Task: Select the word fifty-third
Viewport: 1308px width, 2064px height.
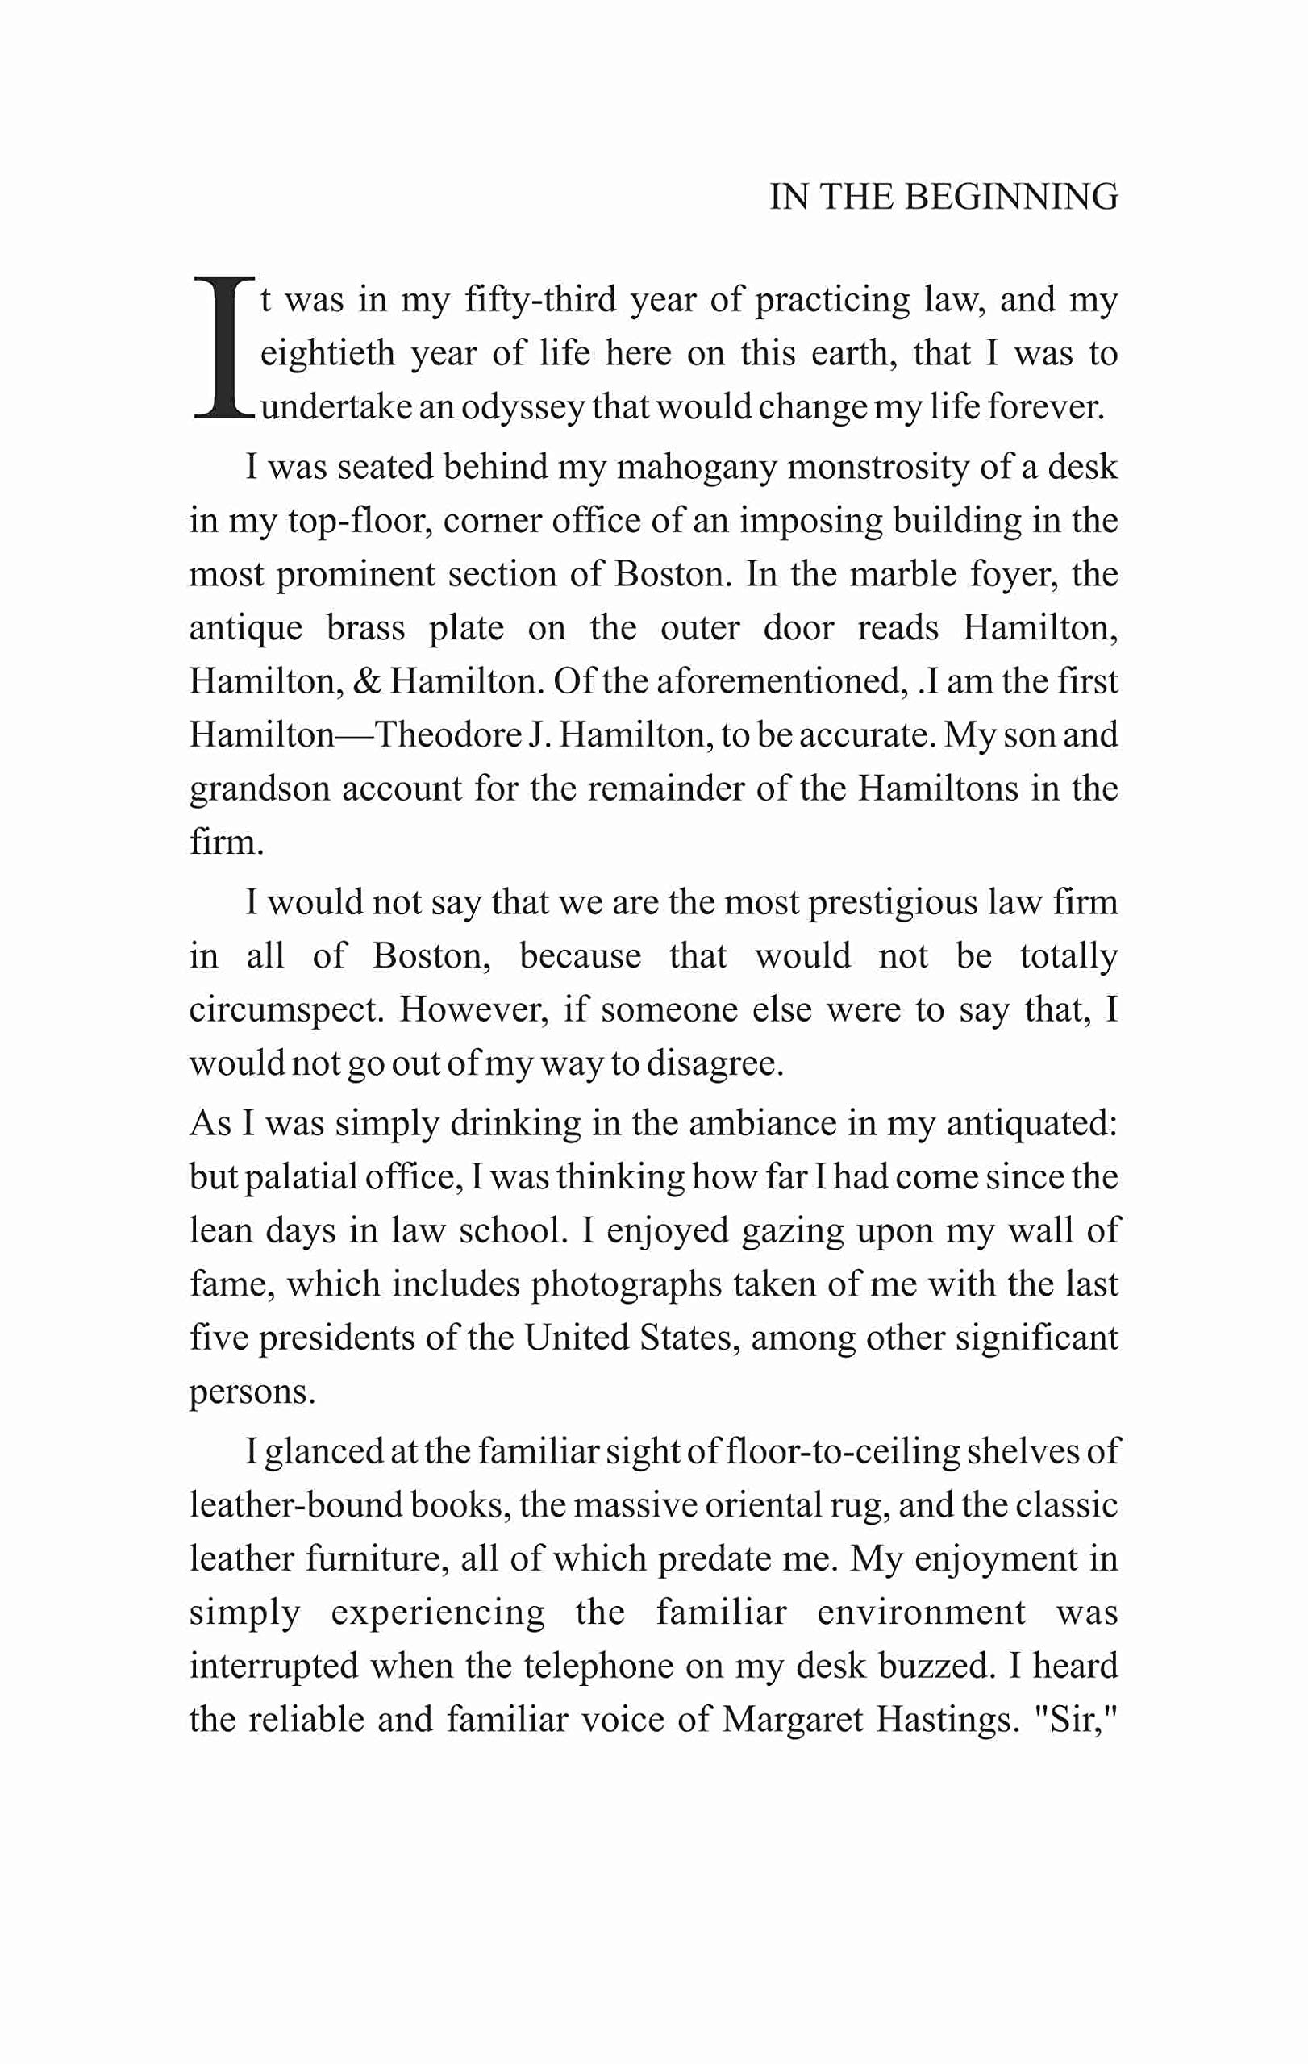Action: pos(540,300)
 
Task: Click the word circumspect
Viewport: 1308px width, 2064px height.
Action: pos(285,1009)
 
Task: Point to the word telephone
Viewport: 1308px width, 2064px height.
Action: pos(598,1666)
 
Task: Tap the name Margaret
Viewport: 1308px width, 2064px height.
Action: pos(792,1719)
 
